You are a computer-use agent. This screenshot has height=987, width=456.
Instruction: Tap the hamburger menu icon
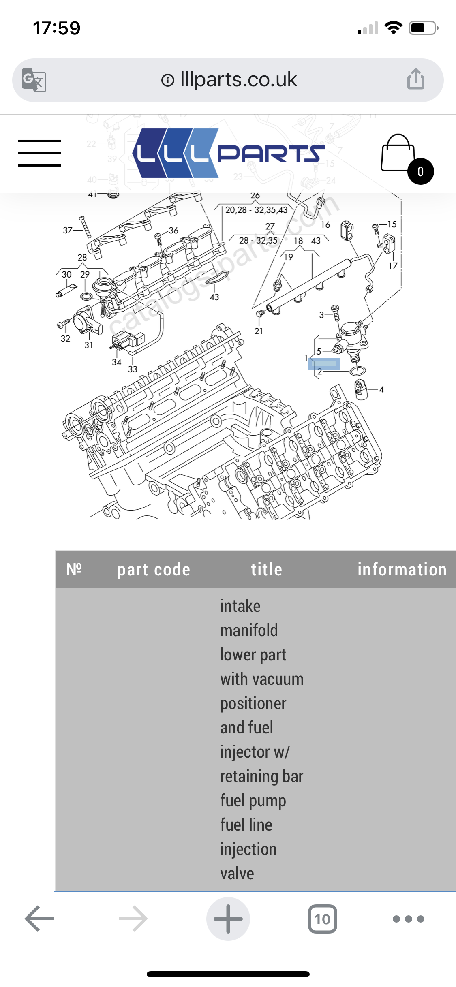(x=39, y=153)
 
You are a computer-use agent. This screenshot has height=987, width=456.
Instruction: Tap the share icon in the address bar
(x=415, y=79)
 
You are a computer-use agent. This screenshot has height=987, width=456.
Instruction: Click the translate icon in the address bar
(x=34, y=80)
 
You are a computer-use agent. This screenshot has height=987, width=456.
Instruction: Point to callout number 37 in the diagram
(x=67, y=230)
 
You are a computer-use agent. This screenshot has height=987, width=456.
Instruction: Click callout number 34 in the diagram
(x=117, y=362)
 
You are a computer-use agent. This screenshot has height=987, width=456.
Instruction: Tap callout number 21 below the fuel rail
(x=259, y=331)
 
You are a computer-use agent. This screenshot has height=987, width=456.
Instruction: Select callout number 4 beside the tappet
(x=381, y=389)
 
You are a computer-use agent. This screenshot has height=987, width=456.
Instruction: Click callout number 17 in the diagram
(x=393, y=266)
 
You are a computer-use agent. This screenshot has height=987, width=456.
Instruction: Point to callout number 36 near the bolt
(x=173, y=231)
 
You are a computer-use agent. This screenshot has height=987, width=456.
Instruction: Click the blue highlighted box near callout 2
(x=324, y=363)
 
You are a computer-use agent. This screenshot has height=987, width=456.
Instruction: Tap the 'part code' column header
(x=154, y=569)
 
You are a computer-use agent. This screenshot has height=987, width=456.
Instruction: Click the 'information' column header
(x=402, y=569)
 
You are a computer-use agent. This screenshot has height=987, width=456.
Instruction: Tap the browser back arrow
(x=39, y=919)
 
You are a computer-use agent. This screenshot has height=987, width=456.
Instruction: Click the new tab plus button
(x=228, y=919)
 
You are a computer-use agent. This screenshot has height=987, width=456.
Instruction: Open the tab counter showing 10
(x=322, y=919)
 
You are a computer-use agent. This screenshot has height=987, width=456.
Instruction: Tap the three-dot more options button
(x=408, y=919)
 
